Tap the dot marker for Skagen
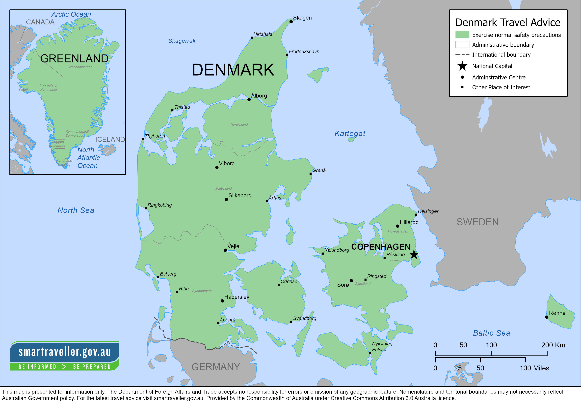pos(291,22)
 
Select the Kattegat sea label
pos(350,133)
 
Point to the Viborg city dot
pos(217,167)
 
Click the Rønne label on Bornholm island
pos(557,313)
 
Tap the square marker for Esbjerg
pos(158,277)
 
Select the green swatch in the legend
pos(462,35)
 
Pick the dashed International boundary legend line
pos(462,55)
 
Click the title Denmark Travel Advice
pos(508,22)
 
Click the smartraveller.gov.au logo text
pos(65,352)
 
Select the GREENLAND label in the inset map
pos(74,59)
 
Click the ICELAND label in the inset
pos(110,139)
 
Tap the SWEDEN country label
pos(477,222)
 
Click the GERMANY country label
pos(216,367)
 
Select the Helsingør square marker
pos(416,214)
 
